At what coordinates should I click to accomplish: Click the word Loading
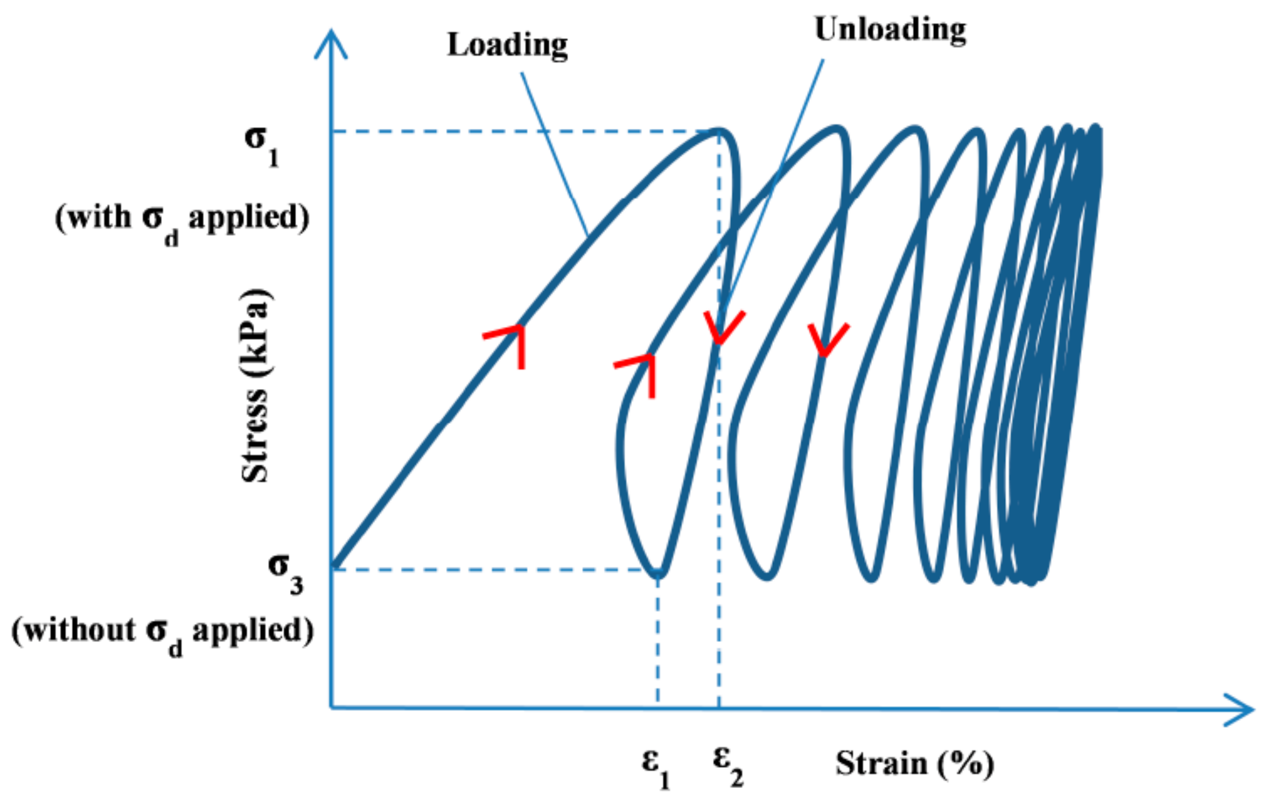click(507, 46)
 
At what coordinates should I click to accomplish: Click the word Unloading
click(890, 30)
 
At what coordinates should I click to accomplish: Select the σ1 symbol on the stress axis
click(261, 144)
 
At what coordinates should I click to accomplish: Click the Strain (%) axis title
click(915, 763)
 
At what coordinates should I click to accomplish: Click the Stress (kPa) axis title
click(255, 385)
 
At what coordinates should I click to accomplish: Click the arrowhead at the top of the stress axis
click(331, 43)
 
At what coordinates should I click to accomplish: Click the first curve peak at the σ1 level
click(719, 131)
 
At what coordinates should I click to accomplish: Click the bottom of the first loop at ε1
click(659, 573)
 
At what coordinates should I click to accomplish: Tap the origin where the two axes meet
click(331, 708)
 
